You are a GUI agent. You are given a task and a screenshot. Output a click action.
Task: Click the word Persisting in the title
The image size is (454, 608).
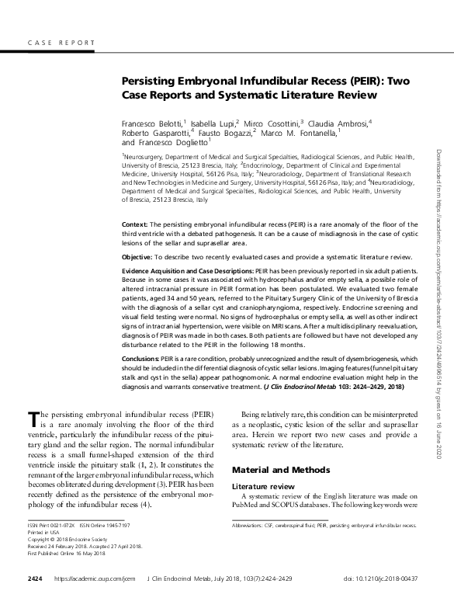point(149,82)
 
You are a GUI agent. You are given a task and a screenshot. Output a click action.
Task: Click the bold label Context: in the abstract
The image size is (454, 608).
point(137,224)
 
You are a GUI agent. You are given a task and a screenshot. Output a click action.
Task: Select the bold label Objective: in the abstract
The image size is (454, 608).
point(142,257)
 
